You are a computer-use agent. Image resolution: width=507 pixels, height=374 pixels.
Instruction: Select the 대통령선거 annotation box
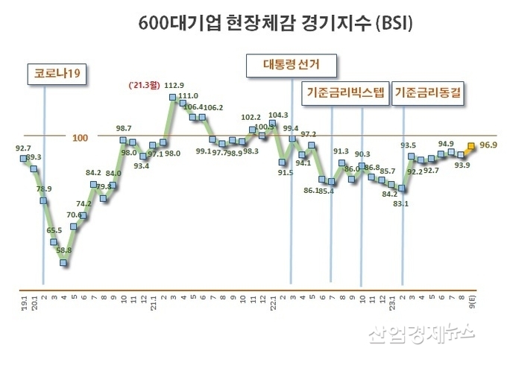pos(290,64)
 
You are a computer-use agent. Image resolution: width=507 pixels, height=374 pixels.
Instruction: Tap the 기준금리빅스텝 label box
pos(344,93)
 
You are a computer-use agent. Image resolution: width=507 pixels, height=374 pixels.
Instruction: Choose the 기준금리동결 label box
pos(430,93)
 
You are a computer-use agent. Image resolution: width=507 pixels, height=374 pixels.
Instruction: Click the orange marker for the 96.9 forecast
pos(470,147)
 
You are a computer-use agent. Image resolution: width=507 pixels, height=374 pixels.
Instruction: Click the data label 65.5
pos(54,231)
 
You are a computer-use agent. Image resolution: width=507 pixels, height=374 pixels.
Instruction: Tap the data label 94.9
pos(446,144)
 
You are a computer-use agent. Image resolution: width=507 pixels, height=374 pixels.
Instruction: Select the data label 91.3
pos(341,150)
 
